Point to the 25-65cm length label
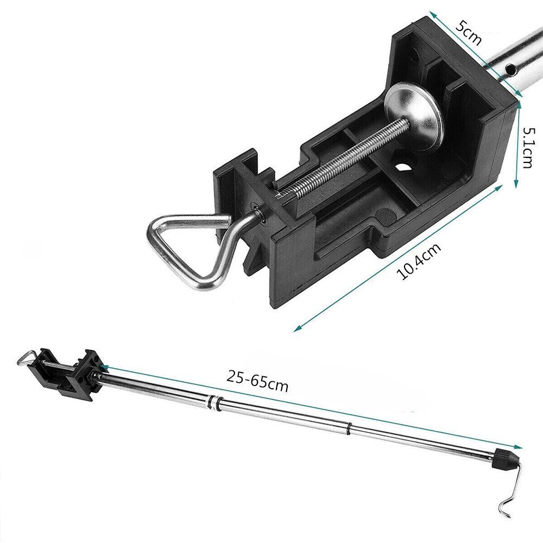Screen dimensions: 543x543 tap(257, 381)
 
